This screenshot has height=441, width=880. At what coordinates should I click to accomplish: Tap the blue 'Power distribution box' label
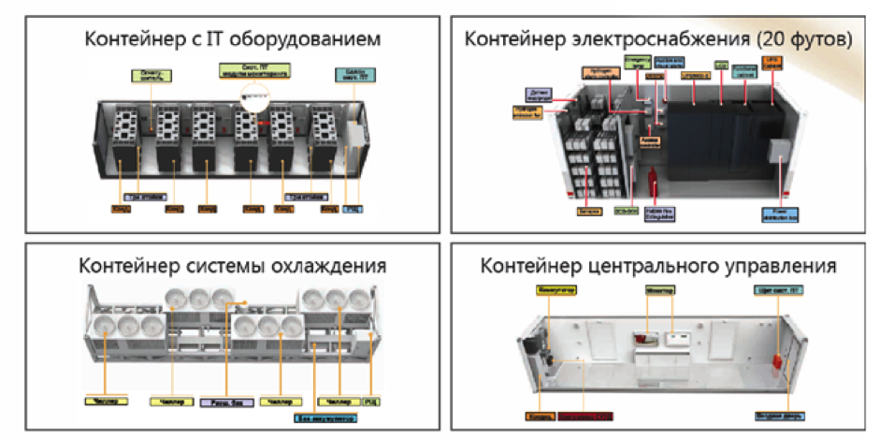781,214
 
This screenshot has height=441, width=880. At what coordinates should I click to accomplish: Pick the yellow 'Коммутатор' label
555,291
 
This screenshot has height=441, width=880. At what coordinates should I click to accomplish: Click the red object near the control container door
775,360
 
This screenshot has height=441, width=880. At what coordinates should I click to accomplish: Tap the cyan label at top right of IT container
350,73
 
